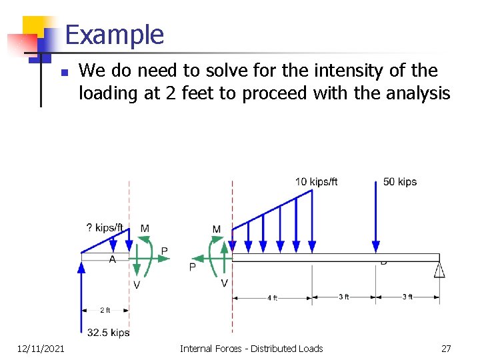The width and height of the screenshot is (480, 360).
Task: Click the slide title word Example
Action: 115,35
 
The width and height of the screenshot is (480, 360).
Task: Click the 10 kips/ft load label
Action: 316,182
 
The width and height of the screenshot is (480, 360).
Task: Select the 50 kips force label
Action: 399,182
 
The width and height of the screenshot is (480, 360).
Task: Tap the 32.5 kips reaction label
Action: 108,333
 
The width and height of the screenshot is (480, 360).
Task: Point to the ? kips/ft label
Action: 105,228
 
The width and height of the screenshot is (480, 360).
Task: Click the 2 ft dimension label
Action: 105,310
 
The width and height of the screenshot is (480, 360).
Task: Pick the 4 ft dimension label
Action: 271,298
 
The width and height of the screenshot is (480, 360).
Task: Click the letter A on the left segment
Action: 112,259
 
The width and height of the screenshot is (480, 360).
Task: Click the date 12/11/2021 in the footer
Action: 41,348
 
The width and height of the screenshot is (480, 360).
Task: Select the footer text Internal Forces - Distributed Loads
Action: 251,348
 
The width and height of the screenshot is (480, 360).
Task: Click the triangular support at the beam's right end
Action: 439,269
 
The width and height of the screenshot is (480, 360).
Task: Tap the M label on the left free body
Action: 145,229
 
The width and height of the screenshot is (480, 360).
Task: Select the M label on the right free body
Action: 216,229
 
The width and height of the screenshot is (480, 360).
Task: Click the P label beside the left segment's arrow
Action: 164,251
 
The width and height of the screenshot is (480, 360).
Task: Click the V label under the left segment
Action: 136,285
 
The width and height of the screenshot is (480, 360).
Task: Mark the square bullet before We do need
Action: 63,72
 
